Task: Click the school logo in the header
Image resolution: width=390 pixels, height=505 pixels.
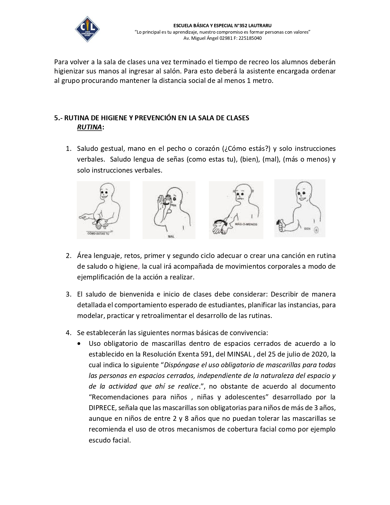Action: click(87, 29)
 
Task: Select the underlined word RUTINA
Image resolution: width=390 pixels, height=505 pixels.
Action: click(89, 127)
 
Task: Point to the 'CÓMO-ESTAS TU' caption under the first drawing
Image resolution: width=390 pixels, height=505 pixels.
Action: click(98, 234)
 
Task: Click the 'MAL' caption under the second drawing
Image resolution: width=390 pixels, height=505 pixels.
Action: click(171, 237)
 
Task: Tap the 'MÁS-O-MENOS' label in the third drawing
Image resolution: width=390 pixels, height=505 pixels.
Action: click(246, 224)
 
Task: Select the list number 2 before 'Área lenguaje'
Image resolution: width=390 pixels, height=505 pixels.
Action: click(69, 256)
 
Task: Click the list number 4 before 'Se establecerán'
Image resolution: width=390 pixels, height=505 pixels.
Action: click(69, 333)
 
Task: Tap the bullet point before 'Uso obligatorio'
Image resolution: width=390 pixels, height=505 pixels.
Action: click(80, 343)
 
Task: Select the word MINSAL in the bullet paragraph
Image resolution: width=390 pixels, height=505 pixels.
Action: click(239, 354)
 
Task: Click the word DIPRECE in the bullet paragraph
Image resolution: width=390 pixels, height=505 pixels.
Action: click(102, 408)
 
